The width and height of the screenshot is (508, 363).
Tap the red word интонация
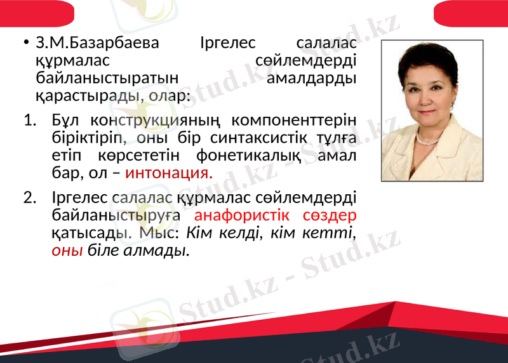169,173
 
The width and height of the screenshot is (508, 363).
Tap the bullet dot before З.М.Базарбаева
25,44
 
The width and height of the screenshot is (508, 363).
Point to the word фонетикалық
247,155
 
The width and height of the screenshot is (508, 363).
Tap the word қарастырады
83,96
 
